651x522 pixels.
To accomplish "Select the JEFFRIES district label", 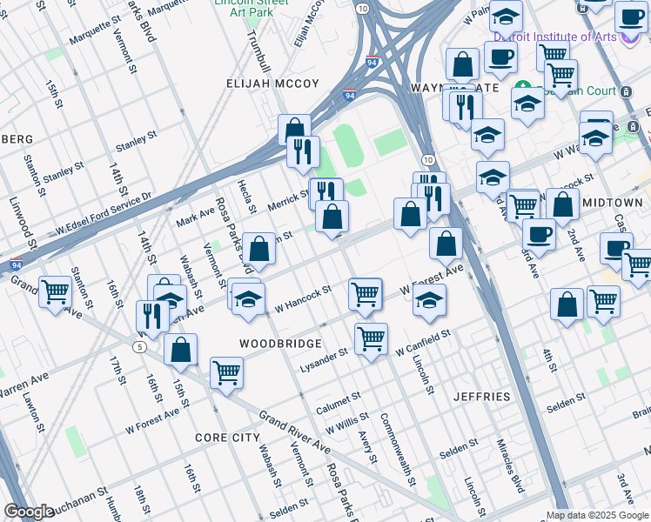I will coord(481,397).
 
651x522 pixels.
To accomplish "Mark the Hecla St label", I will coord(244,197).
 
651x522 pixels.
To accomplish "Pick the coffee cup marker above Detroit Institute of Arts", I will coord(629,16).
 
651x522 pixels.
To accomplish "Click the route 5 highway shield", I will coord(139,347).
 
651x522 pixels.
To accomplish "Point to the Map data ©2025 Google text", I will coord(597,515).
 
